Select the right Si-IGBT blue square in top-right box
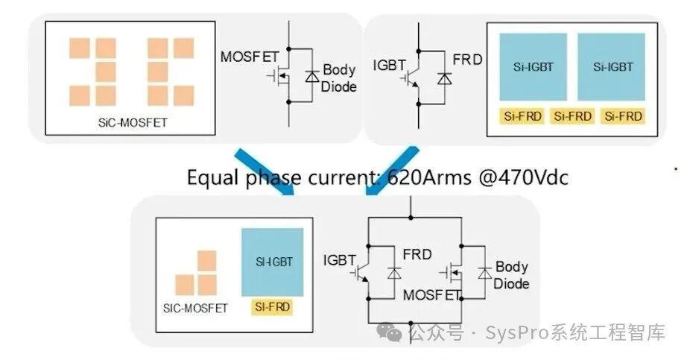click(x=612, y=67)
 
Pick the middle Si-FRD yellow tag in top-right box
click(x=572, y=116)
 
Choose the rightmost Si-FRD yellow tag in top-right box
click(x=624, y=116)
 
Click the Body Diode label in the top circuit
click(x=339, y=78)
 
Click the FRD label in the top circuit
click(x=467, y=60)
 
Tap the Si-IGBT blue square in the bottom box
click(x=273, y=262)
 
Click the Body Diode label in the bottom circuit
click(x=511, y=274)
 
